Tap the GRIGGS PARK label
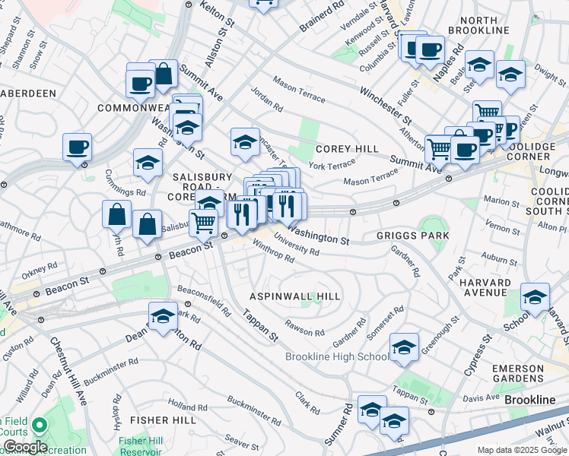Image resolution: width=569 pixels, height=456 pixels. point(412,236)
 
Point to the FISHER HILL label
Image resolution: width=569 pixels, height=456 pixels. point(158,419)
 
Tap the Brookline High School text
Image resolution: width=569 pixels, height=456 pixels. point(337,357)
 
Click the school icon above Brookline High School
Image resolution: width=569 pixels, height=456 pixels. point(404,347)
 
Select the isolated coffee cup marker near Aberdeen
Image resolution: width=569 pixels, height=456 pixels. point(77,147)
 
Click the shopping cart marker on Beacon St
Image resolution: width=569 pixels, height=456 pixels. point(202,223)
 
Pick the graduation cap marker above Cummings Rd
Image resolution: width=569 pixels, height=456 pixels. point(148,161)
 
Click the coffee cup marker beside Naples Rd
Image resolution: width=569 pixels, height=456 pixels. point(430,50)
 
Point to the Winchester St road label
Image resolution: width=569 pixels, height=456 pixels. point(385,109)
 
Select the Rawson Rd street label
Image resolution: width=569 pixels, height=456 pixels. point(304,328)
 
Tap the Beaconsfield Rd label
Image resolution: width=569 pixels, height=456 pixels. point(204,302)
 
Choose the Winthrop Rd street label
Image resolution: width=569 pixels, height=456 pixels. point(272,252)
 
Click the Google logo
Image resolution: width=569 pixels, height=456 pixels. point(24,447)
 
